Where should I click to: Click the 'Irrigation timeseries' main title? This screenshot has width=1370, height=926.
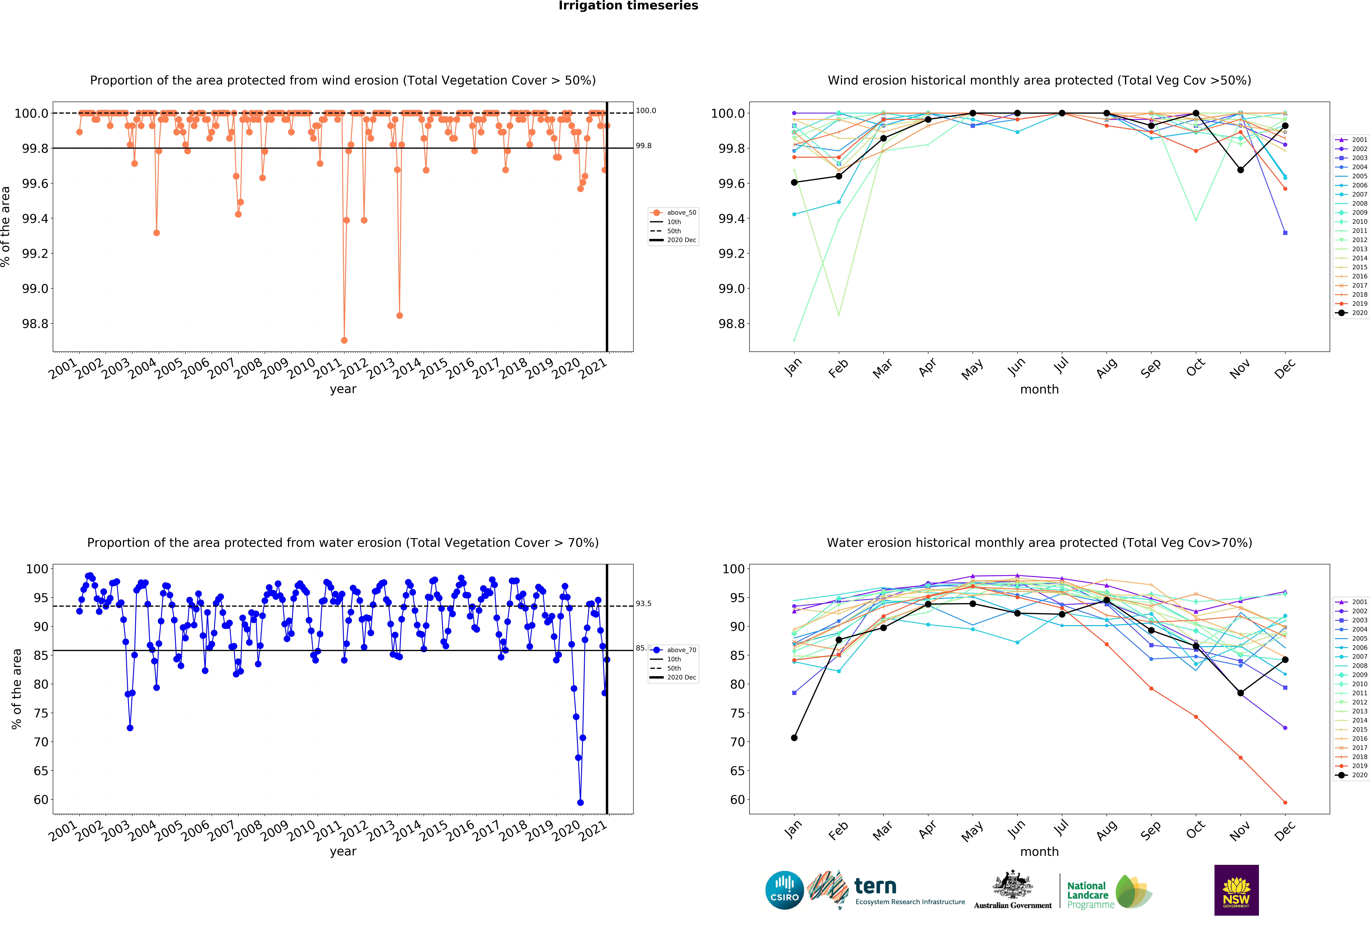coord(628,6)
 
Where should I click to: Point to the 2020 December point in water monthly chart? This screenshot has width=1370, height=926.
coord(1285,660)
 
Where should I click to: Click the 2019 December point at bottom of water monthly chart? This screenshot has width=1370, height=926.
coord(1285,802)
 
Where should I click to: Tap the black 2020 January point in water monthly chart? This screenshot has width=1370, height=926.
coord(794,737)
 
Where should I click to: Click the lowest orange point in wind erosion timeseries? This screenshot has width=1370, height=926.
coord(344,340)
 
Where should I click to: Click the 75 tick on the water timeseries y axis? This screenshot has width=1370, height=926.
coord(41,713)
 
